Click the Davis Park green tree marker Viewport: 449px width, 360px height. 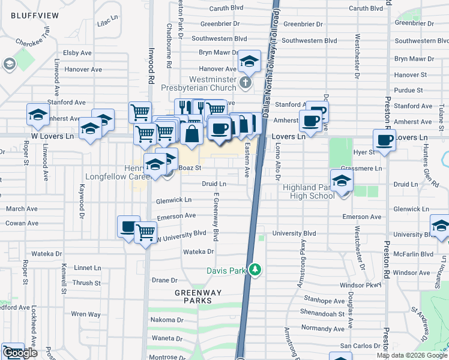[256, 271]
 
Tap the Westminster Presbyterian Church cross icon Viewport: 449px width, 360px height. [245, 82]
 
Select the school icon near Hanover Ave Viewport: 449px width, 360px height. [249, 61]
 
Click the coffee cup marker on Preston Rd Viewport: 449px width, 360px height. [384, 141]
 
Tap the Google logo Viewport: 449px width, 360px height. [19, 353]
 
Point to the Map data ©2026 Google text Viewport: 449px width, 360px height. [411, 355]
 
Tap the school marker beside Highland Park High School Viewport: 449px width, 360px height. [341, 180]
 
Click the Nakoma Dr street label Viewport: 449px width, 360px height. [163, 320]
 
